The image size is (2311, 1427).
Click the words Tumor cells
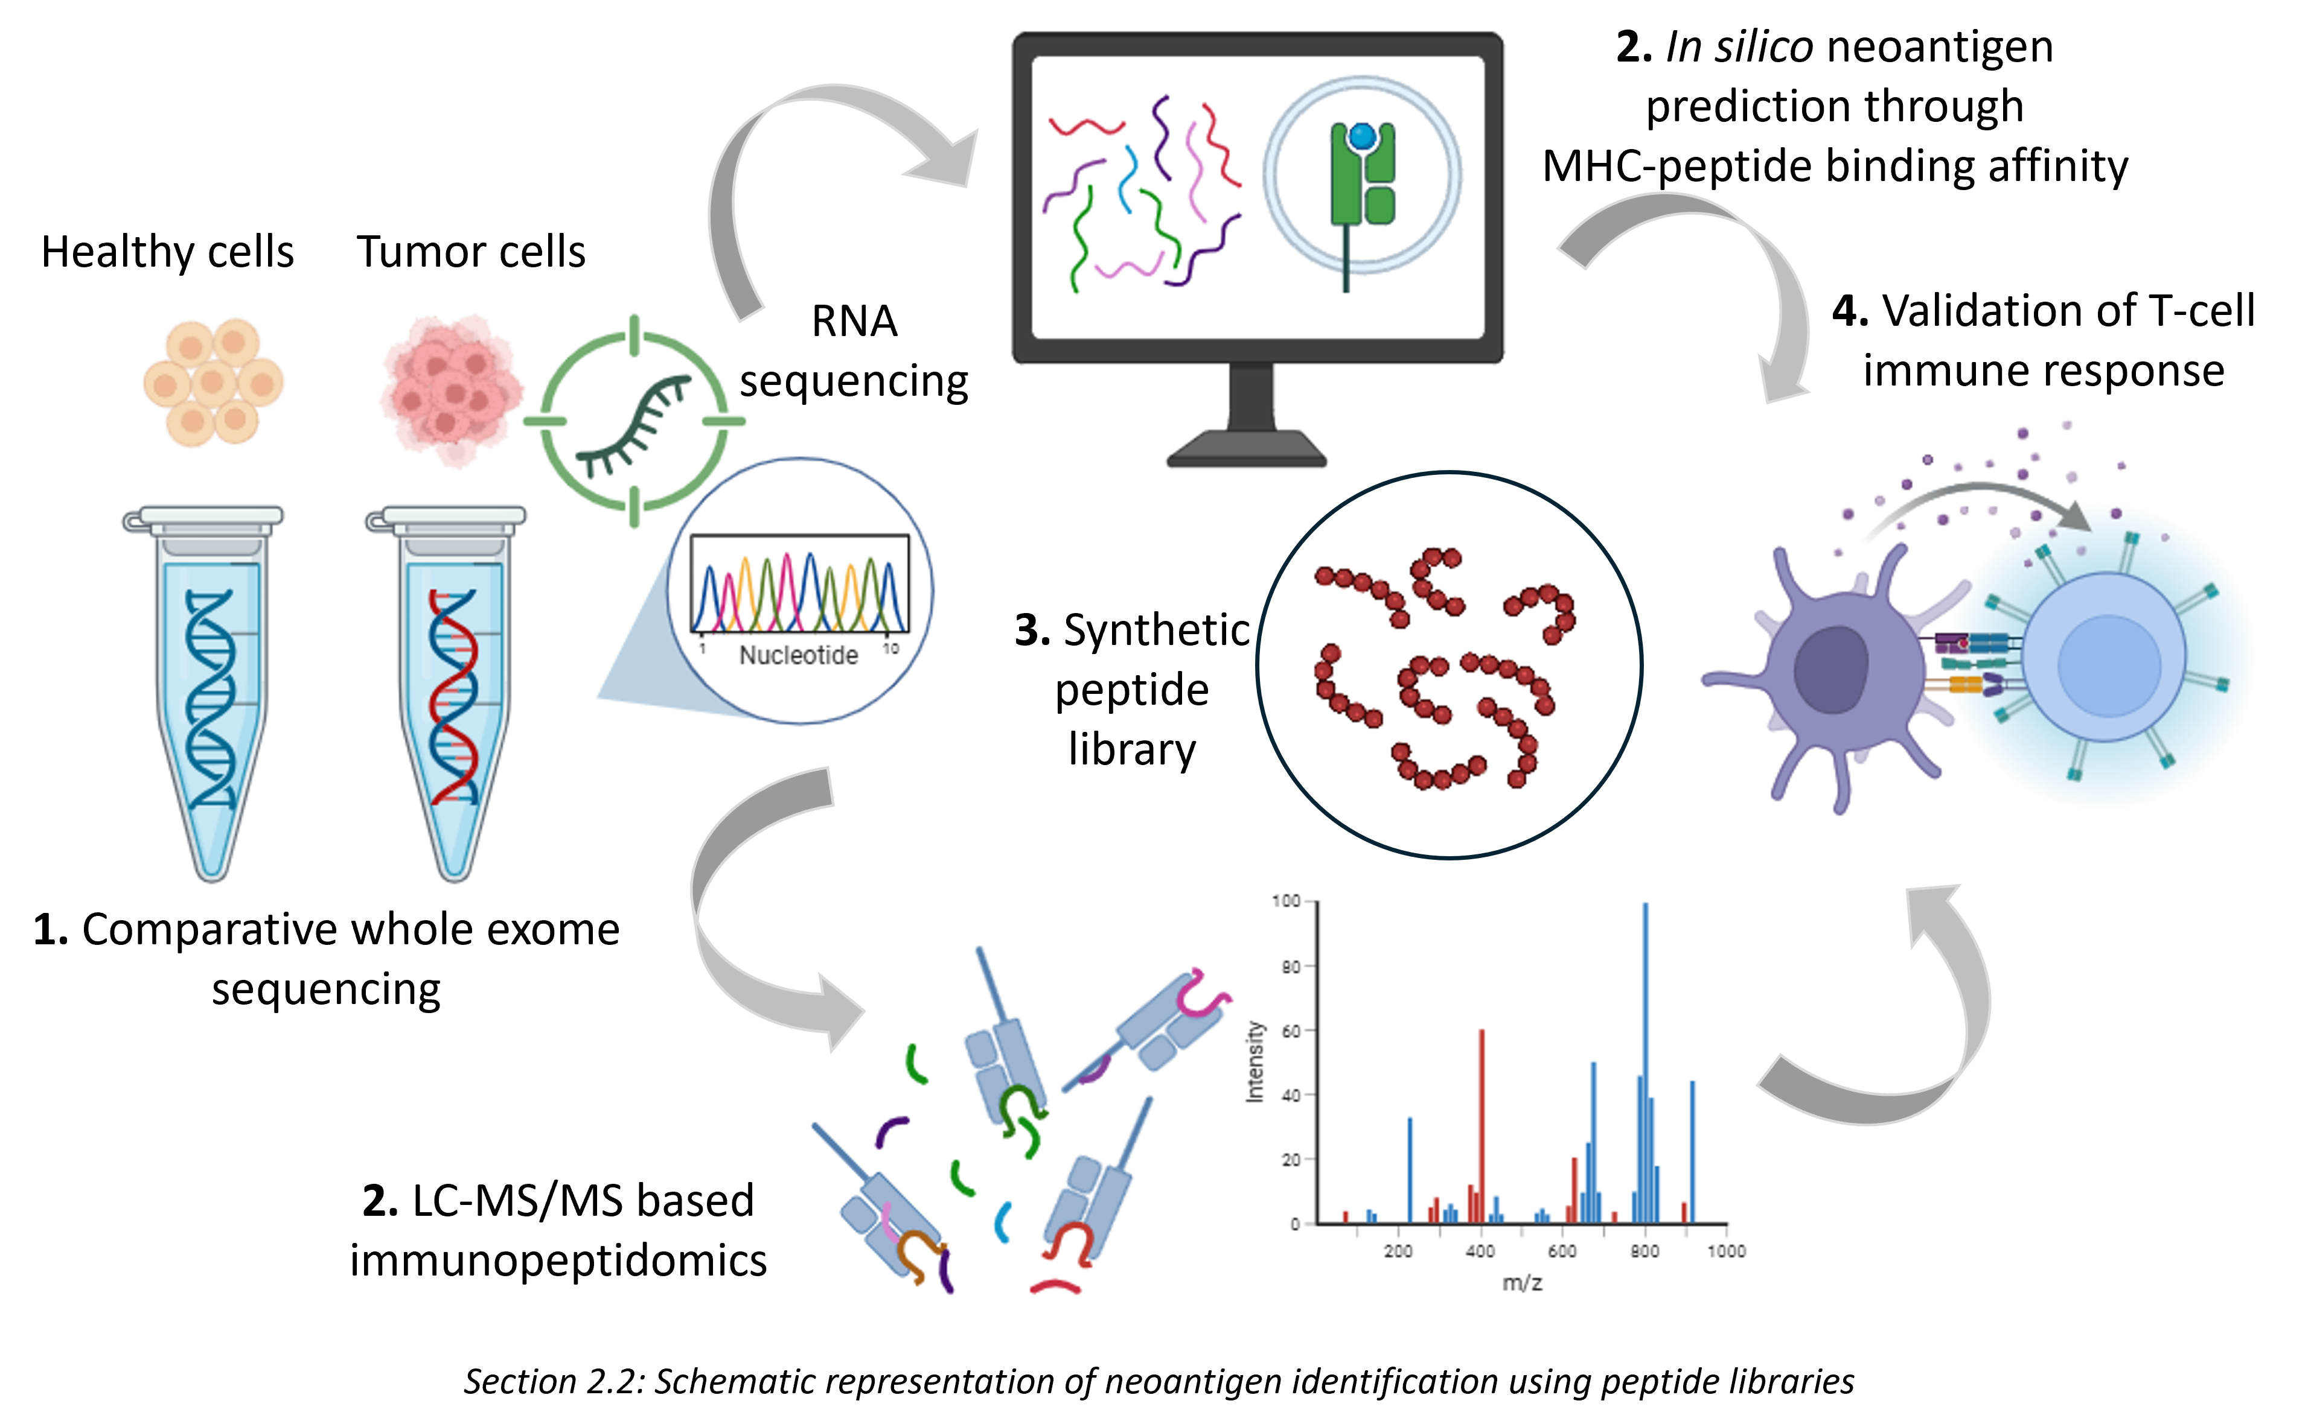point(471,252)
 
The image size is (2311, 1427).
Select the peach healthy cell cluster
point(213,381)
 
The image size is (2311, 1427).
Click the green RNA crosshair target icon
point(634,421)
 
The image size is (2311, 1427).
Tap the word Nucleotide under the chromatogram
point(798,655)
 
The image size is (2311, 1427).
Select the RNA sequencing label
point(854,351)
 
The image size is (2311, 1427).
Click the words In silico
point(1738,47)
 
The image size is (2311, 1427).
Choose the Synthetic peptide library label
point(1132,689)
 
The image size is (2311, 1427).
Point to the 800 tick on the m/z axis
point(1645,1251)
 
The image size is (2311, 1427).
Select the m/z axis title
point(1522,1283)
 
